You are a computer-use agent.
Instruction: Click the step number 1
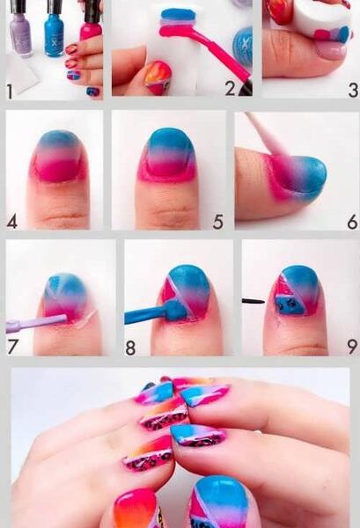pos(10,92)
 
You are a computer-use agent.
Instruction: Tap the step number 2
pos(231,88)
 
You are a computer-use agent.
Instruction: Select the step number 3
pos(353,91)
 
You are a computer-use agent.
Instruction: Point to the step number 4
pos(11,222)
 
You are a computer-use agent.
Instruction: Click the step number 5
pos(218,222)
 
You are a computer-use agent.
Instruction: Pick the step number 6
pos(353,222)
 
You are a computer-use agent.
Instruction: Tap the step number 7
pos(12,347)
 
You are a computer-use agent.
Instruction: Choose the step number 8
pos(130,348)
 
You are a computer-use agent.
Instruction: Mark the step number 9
pos(352,347)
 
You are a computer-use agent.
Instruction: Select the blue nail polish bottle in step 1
pos(54,29)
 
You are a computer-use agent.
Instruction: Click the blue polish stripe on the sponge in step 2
pos(178,15)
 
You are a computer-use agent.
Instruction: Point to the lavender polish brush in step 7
pos(36,322)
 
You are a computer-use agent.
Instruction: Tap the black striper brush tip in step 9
pos(253,301)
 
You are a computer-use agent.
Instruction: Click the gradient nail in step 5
pos(171,153)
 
